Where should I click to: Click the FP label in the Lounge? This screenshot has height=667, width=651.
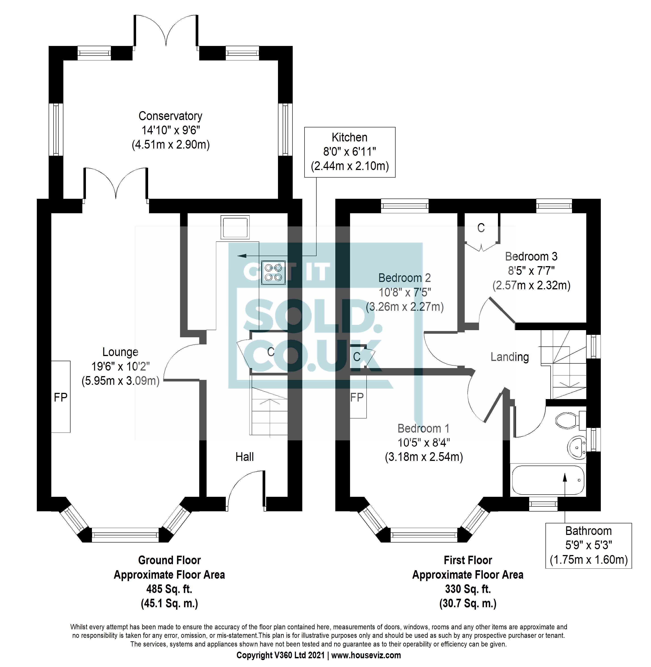pos(60,397)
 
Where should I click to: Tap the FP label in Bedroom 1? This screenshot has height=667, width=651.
pos(357,397)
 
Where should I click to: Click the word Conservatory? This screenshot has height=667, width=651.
pos(170,116)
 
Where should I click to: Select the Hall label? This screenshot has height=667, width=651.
pos(245,457)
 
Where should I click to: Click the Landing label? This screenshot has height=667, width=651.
pos(510,357)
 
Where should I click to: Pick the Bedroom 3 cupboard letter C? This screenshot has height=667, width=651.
pos(481,228)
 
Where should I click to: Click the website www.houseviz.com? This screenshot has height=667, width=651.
pos(366,655)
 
